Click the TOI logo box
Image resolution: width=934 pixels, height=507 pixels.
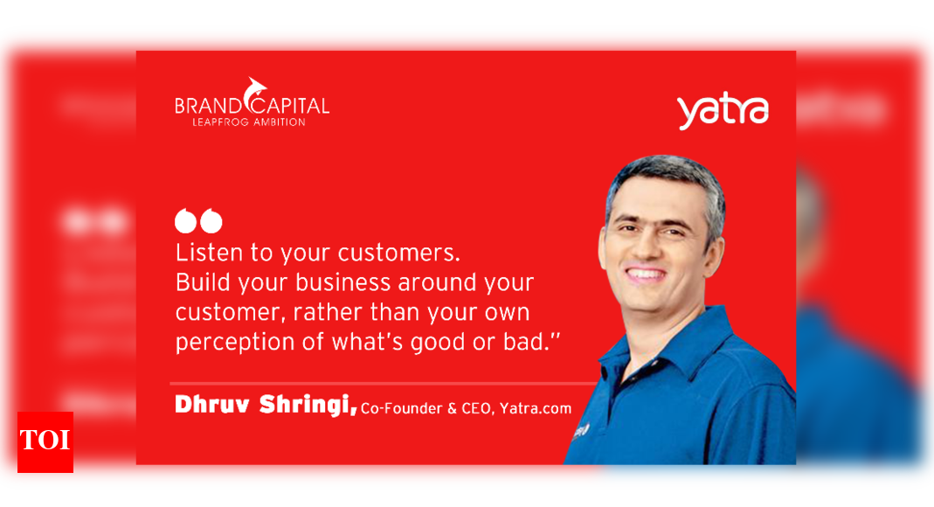point(45,441)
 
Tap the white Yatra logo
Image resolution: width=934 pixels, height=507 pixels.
point(722,111)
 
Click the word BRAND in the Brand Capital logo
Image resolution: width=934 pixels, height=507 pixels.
point(205,107)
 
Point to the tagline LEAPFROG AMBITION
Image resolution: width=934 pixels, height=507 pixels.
point(249,122)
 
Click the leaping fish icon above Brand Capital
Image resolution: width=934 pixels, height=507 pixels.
point(255,88)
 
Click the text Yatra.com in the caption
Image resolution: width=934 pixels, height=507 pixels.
point(536,408)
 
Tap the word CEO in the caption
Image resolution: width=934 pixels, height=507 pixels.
point(477,408)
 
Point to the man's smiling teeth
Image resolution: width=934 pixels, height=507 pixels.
point(647,274)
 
